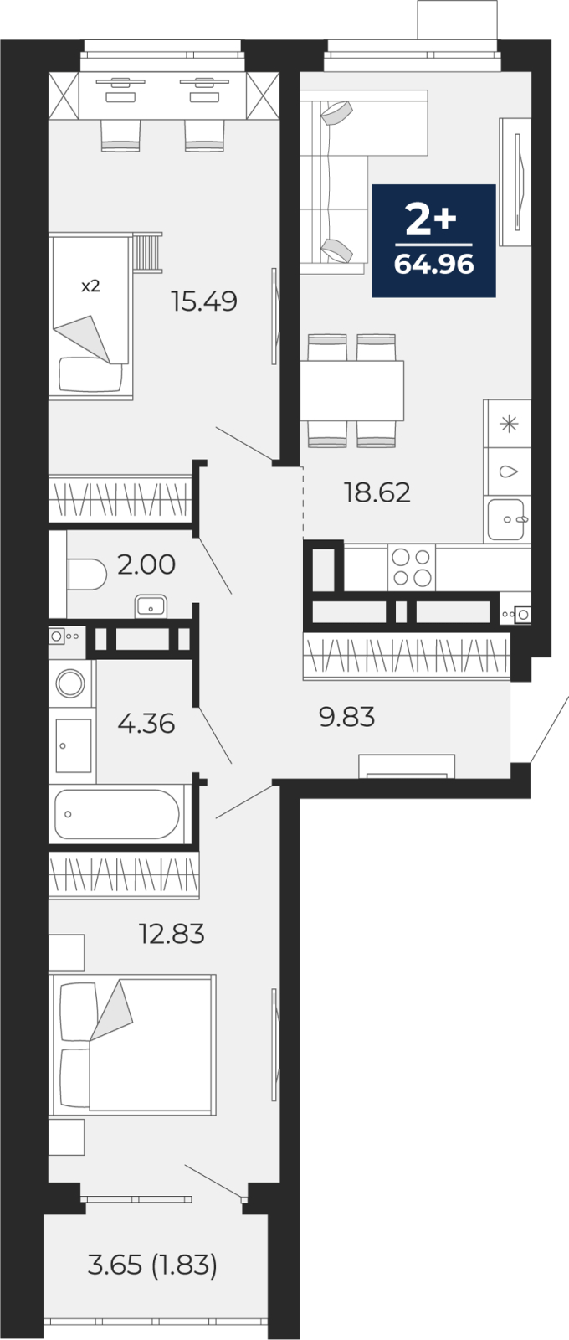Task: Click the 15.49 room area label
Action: coord(204,301)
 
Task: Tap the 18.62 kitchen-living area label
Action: coord(377,492)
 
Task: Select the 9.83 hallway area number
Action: coord(346,716)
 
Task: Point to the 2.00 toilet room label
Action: coord(146,564)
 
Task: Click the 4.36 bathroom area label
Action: coord(146,724)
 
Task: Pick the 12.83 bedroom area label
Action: coord(172,933)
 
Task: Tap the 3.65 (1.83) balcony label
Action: coord(152,1265)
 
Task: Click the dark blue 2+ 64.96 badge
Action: coord(434,240)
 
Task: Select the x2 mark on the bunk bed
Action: coord(90,286)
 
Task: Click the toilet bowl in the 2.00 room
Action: coord(86,574)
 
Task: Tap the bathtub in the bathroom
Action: coord(117,814)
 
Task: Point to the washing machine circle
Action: coord(70,683)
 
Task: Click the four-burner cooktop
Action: coord(412,568)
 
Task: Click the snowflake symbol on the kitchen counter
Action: coord(509,424)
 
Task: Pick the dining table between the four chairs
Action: coord(351,390)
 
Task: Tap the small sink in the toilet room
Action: coord(151,606)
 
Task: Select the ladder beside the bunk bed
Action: coord(146,252)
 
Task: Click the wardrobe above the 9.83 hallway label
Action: coord(407,656)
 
